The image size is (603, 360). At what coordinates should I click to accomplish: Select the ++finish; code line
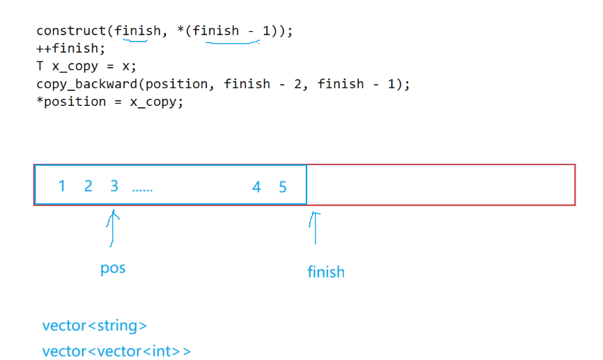tap(71, 49)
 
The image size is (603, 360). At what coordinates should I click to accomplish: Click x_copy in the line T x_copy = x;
tap(78, 66)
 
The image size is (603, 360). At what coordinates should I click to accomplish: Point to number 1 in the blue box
tap(61, 186)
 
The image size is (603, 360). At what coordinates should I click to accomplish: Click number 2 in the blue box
tap(88, 186)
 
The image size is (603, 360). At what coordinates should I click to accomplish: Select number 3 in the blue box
tap(114, 186)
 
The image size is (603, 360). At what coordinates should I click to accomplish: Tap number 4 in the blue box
tap(256, 187)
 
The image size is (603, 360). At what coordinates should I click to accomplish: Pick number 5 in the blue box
tap(282, 187)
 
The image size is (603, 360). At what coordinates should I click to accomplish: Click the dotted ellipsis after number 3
tap(142, 189)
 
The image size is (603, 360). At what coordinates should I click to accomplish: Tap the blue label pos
tap(113, 268)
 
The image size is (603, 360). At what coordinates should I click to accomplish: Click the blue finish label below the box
tap(326, 272)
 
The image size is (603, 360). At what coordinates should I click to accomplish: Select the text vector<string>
tap(95, 325)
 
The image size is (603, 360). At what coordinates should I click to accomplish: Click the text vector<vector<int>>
tap(117, 351)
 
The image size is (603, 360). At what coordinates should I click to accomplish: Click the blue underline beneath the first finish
tap(135, 40)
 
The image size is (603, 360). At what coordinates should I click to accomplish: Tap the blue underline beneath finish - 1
tap(232, 42)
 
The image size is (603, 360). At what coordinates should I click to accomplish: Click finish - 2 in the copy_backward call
tap(265, 84)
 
